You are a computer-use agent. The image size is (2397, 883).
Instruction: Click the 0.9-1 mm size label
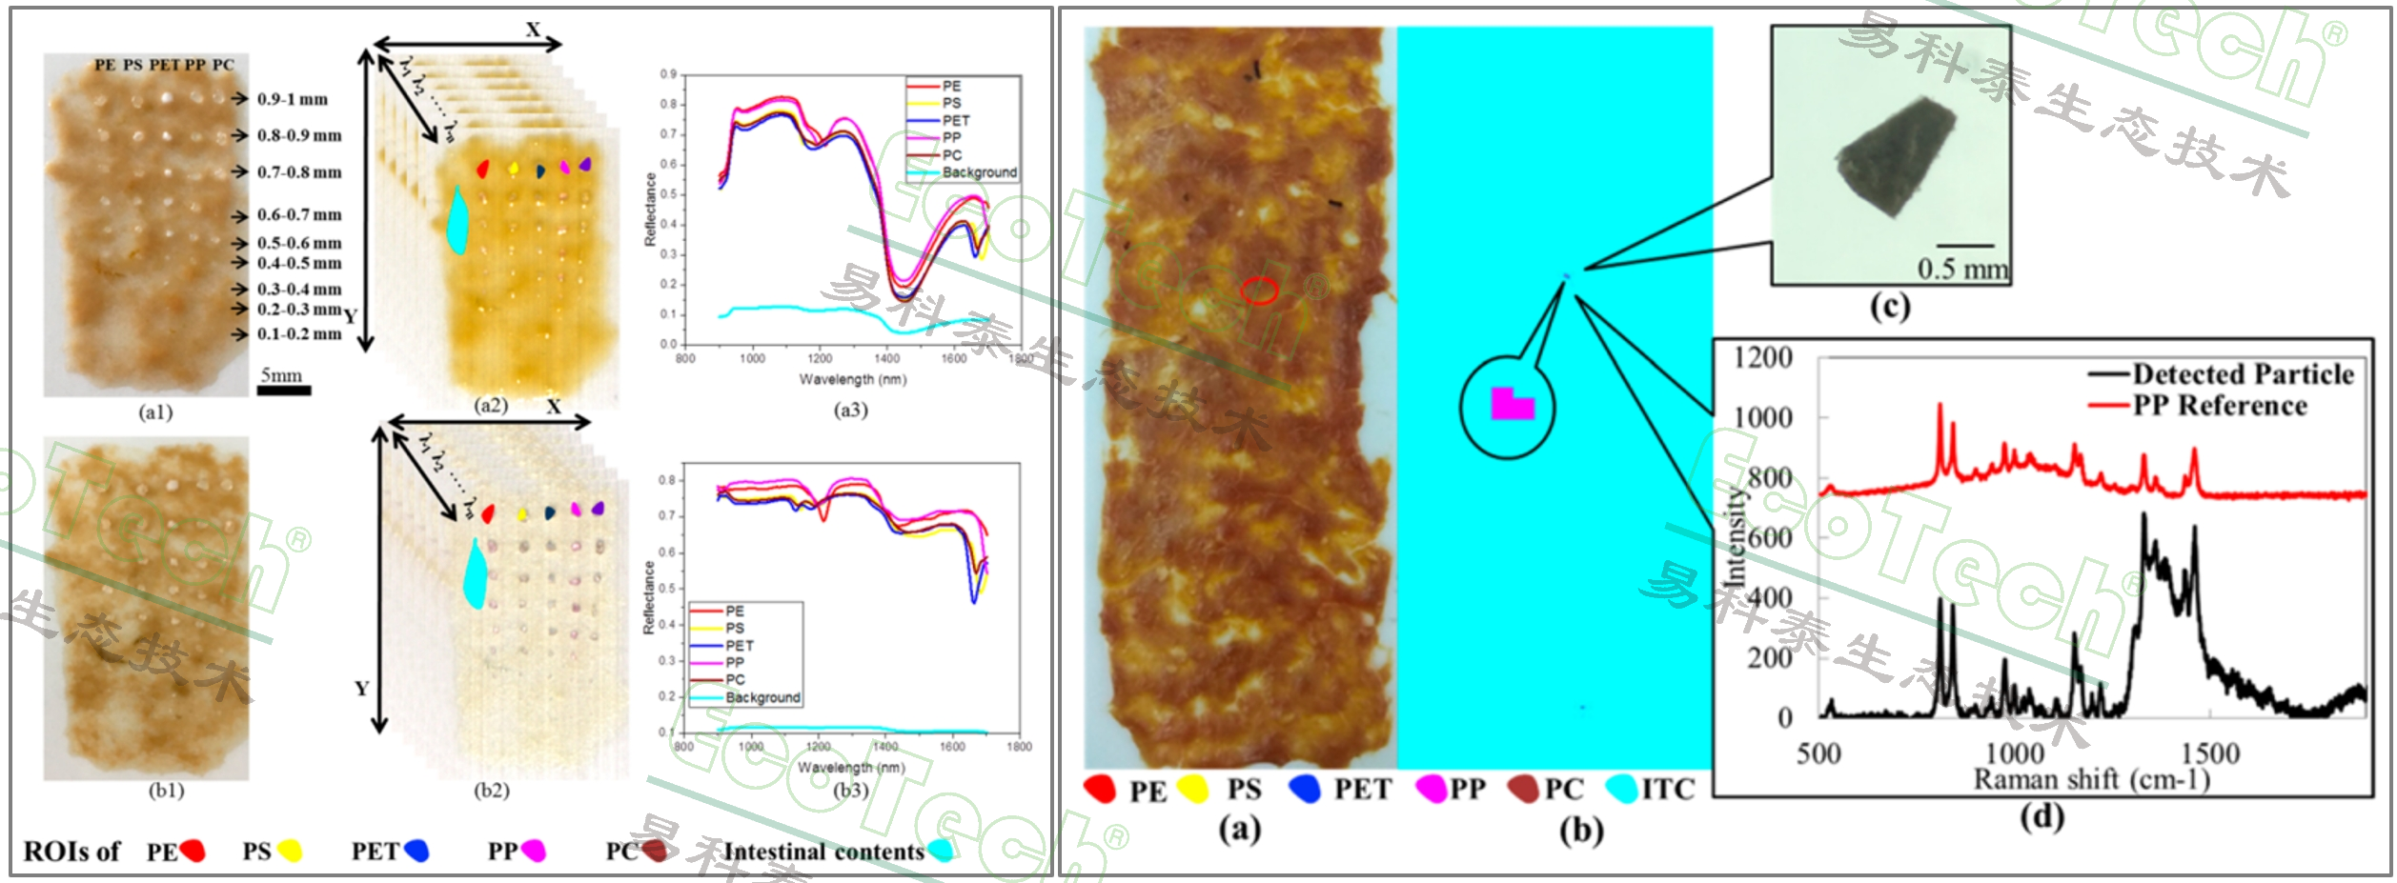point(293,99)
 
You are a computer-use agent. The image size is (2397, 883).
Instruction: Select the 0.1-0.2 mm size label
point(299,334)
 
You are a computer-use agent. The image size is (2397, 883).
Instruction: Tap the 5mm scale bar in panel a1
point(283,390)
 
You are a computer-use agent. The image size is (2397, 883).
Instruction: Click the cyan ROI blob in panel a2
point(458,221)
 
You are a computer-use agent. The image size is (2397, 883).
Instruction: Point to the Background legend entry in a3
point(979,172)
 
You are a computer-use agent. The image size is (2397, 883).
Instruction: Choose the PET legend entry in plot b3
point(740,646)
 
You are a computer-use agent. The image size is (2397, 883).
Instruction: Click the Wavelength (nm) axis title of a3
point(852,379)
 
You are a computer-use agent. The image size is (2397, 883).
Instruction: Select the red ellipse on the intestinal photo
point(1259,291)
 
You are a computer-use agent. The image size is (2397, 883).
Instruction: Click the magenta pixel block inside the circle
point(1511,405)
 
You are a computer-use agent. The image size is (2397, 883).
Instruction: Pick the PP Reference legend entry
point(2220,406)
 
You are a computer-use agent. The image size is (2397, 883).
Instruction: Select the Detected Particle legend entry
point(2242,373)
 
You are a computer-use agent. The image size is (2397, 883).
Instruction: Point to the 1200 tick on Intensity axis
point(1763,358)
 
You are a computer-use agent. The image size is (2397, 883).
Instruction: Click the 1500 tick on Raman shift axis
point(2210,753)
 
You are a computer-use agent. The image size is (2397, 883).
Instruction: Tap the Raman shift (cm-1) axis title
point(2091,780)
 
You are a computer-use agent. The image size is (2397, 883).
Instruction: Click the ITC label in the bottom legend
point(1668,790)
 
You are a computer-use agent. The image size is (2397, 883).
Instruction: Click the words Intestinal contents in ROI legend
point(823,851)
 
